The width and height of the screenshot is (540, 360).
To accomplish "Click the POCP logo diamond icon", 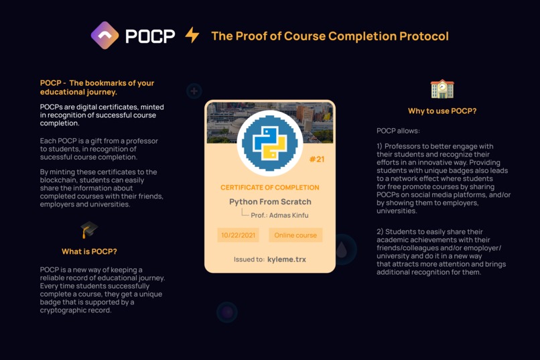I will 105,36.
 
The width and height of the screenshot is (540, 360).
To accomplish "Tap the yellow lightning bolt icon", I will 192,35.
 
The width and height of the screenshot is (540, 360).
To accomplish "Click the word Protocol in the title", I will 424,36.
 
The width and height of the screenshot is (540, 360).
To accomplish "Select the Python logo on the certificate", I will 269,143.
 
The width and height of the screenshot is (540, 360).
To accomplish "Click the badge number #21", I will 317,159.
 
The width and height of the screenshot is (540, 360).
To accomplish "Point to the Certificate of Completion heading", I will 269,188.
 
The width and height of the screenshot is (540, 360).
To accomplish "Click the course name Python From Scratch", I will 270,202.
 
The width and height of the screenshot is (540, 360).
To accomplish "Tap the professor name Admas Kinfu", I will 289,215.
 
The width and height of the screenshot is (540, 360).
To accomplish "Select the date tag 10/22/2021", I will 239,235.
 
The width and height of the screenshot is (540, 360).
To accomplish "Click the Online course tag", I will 295,235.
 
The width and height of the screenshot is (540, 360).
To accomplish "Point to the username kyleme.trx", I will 287,259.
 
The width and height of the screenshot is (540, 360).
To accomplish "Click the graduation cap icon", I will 89,230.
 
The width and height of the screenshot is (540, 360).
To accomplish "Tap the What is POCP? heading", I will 89,251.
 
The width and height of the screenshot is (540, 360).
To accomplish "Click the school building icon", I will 442,89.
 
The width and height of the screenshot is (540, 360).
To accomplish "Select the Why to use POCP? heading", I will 442,111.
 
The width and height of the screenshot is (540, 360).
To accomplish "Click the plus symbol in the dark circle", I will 194,91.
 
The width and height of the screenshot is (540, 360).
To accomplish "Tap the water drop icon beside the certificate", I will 342,250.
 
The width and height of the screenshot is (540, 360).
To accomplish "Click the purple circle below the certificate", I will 227,312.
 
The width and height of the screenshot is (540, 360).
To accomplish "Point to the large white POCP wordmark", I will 151,36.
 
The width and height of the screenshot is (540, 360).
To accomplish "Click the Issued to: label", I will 249,259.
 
